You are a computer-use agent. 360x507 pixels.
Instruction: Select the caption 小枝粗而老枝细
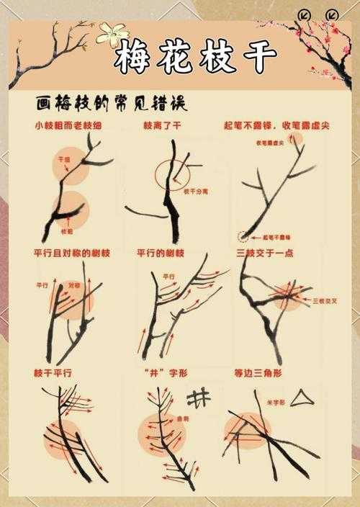(x=64, y=126)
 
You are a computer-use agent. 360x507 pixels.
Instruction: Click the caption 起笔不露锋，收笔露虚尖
(x=276, y=126)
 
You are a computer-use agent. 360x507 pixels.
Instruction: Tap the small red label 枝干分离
(x=195, y=192)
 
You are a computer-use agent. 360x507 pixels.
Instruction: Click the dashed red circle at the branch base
(x=243, y=235)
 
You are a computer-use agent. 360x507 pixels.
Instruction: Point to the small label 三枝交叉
(x=323, y=300)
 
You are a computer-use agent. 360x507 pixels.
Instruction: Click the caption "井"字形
(x=160, y=373)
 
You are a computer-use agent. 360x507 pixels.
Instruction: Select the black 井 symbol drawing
(x=199, y=395)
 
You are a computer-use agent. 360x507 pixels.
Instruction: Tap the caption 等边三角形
(x=258, y=373)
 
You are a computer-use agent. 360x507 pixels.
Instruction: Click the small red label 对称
(x=73, y=286)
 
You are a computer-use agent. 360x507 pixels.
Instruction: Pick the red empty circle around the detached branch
(x=171, y=174)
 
